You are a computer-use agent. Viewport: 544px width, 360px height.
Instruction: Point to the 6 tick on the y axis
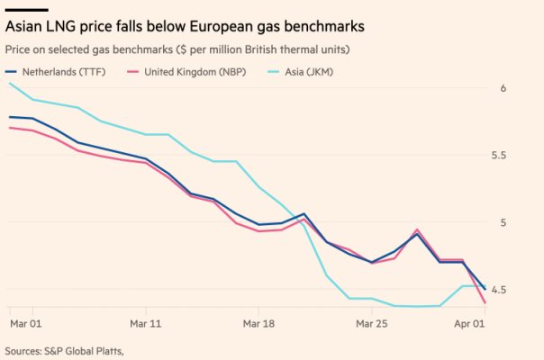[530, 88]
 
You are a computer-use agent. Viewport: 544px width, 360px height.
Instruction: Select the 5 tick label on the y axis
[530, 222]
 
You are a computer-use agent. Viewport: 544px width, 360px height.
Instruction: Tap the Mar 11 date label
[145, 321]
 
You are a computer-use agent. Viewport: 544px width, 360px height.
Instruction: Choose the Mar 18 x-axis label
[258, 321]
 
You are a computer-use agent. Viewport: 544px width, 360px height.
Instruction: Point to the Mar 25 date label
[372, 321]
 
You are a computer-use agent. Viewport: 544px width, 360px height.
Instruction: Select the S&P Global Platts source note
[63, 350]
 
